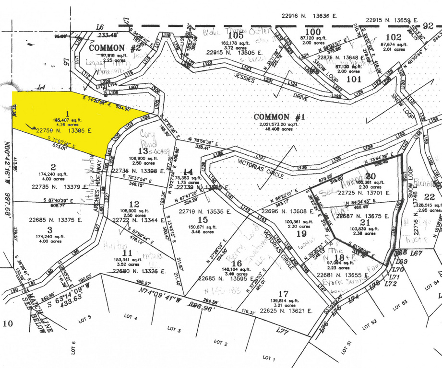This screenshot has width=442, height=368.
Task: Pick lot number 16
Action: pos(236,264)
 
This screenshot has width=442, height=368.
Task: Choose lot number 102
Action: pos(393,36)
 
